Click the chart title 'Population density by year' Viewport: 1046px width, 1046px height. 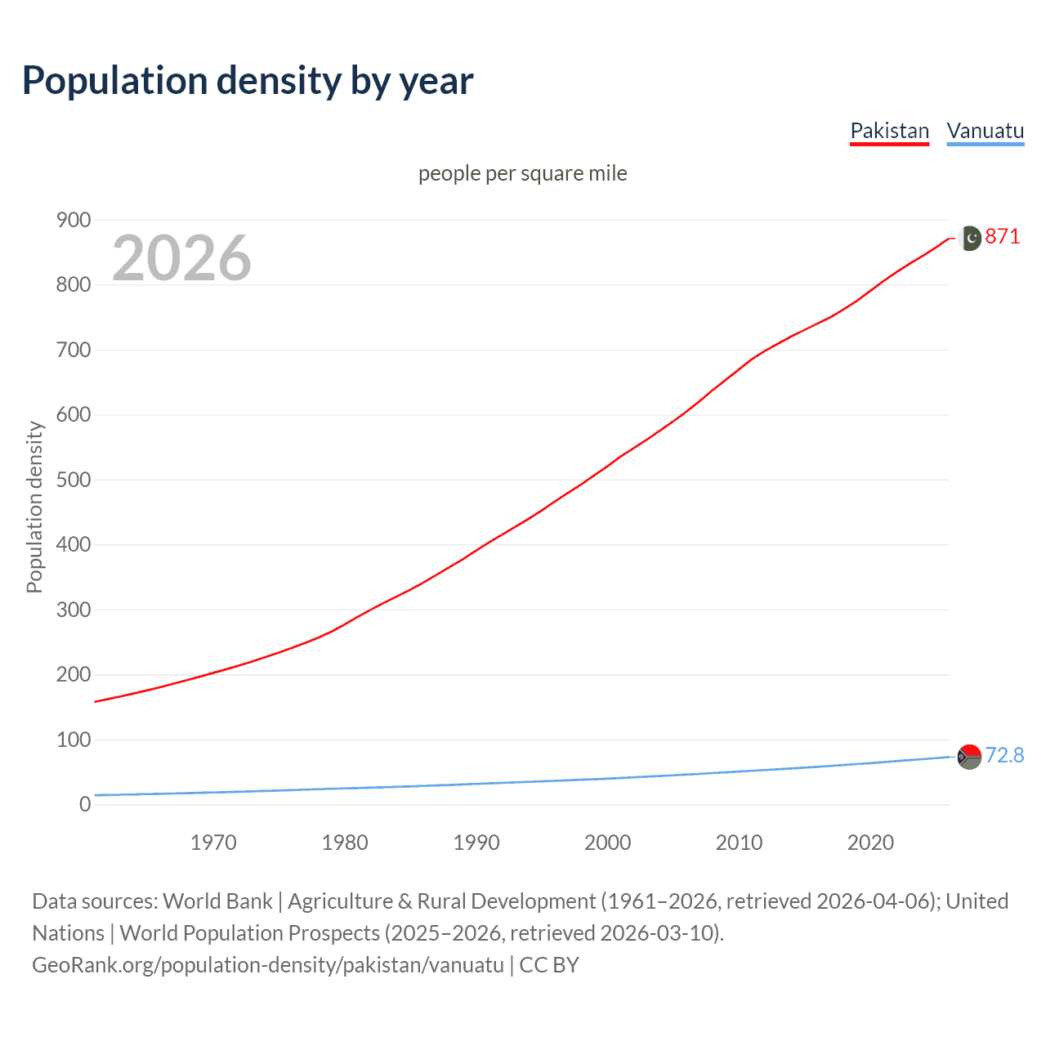[248, 81]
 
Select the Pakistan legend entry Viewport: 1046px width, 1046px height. [889, 131]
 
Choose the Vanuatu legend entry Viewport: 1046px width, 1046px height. [985, 131]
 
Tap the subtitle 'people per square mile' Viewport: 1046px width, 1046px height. [522, 173]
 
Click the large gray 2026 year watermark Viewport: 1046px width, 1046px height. [181, 258]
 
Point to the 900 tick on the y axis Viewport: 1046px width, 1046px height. [74, 220]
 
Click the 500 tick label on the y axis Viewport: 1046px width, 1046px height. [74, 480]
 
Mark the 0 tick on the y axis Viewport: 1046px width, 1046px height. [85, 804]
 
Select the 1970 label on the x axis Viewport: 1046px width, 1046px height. [213, 843]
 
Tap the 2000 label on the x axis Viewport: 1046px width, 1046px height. [607, 843]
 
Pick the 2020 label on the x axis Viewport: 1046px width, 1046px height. [870, 843]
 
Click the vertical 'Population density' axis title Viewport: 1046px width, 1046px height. [34, 507]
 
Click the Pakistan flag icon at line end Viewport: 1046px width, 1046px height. [969, 238]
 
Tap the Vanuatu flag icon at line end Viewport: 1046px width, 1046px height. [969, 757]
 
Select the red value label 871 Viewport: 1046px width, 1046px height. [1003, 237]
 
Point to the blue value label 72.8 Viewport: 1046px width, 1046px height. [1004, 755]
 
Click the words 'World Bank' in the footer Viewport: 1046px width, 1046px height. [217, 901]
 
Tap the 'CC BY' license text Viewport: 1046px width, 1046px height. [549, 965]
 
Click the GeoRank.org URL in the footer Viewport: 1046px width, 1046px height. [268, 965]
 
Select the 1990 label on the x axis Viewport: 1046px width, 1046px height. [476, 843]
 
